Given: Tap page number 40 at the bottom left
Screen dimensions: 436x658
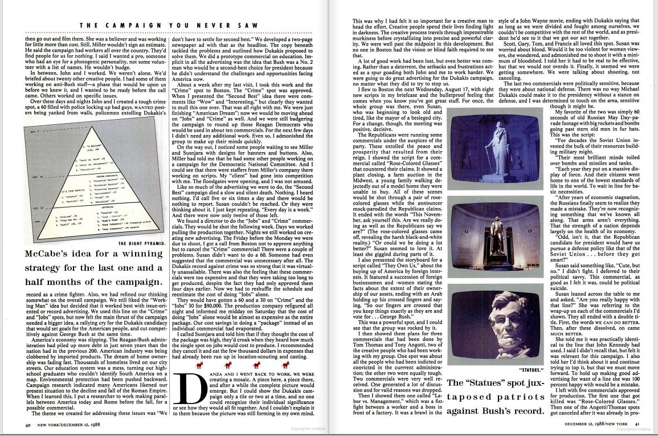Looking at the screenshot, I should (27, 425).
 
